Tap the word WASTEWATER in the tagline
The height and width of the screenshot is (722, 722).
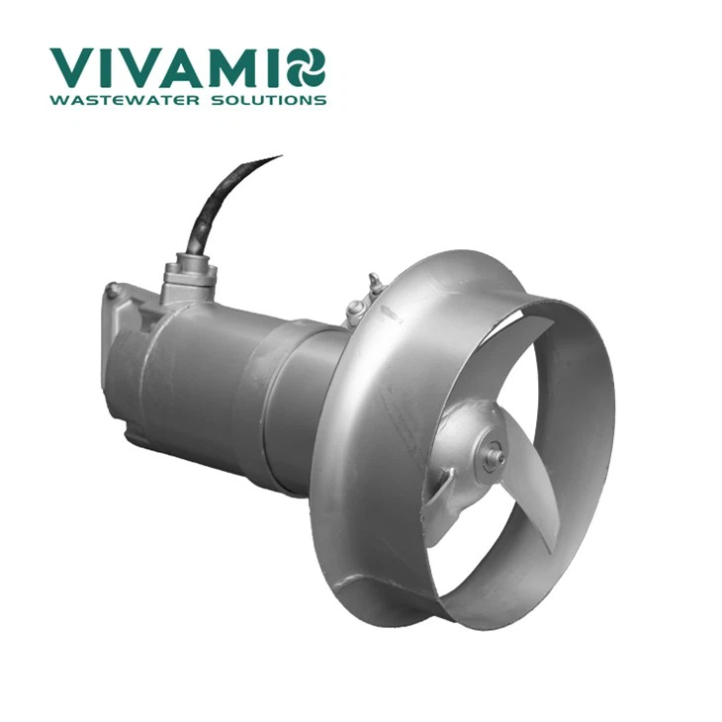point(126,100)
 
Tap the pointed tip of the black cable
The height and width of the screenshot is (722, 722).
point(281,156)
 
